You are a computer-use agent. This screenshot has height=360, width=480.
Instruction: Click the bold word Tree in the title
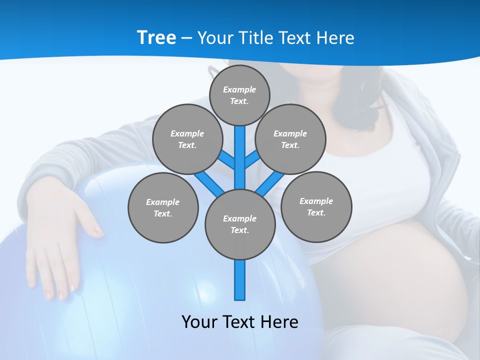156,38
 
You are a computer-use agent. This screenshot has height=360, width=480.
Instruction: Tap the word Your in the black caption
200,322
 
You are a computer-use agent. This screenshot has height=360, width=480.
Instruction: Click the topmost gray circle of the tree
239,95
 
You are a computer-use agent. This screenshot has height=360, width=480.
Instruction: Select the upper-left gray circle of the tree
187,139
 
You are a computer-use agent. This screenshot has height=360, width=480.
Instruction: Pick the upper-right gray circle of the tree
290,139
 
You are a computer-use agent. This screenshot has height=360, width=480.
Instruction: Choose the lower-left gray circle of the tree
163,207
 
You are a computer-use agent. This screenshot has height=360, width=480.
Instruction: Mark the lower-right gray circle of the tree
316,206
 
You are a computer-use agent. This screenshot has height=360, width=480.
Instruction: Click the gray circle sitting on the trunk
240,224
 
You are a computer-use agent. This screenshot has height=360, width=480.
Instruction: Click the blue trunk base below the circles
240,280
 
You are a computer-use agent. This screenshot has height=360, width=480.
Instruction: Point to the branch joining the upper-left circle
226,159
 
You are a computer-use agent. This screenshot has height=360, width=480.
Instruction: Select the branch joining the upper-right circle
252,159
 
